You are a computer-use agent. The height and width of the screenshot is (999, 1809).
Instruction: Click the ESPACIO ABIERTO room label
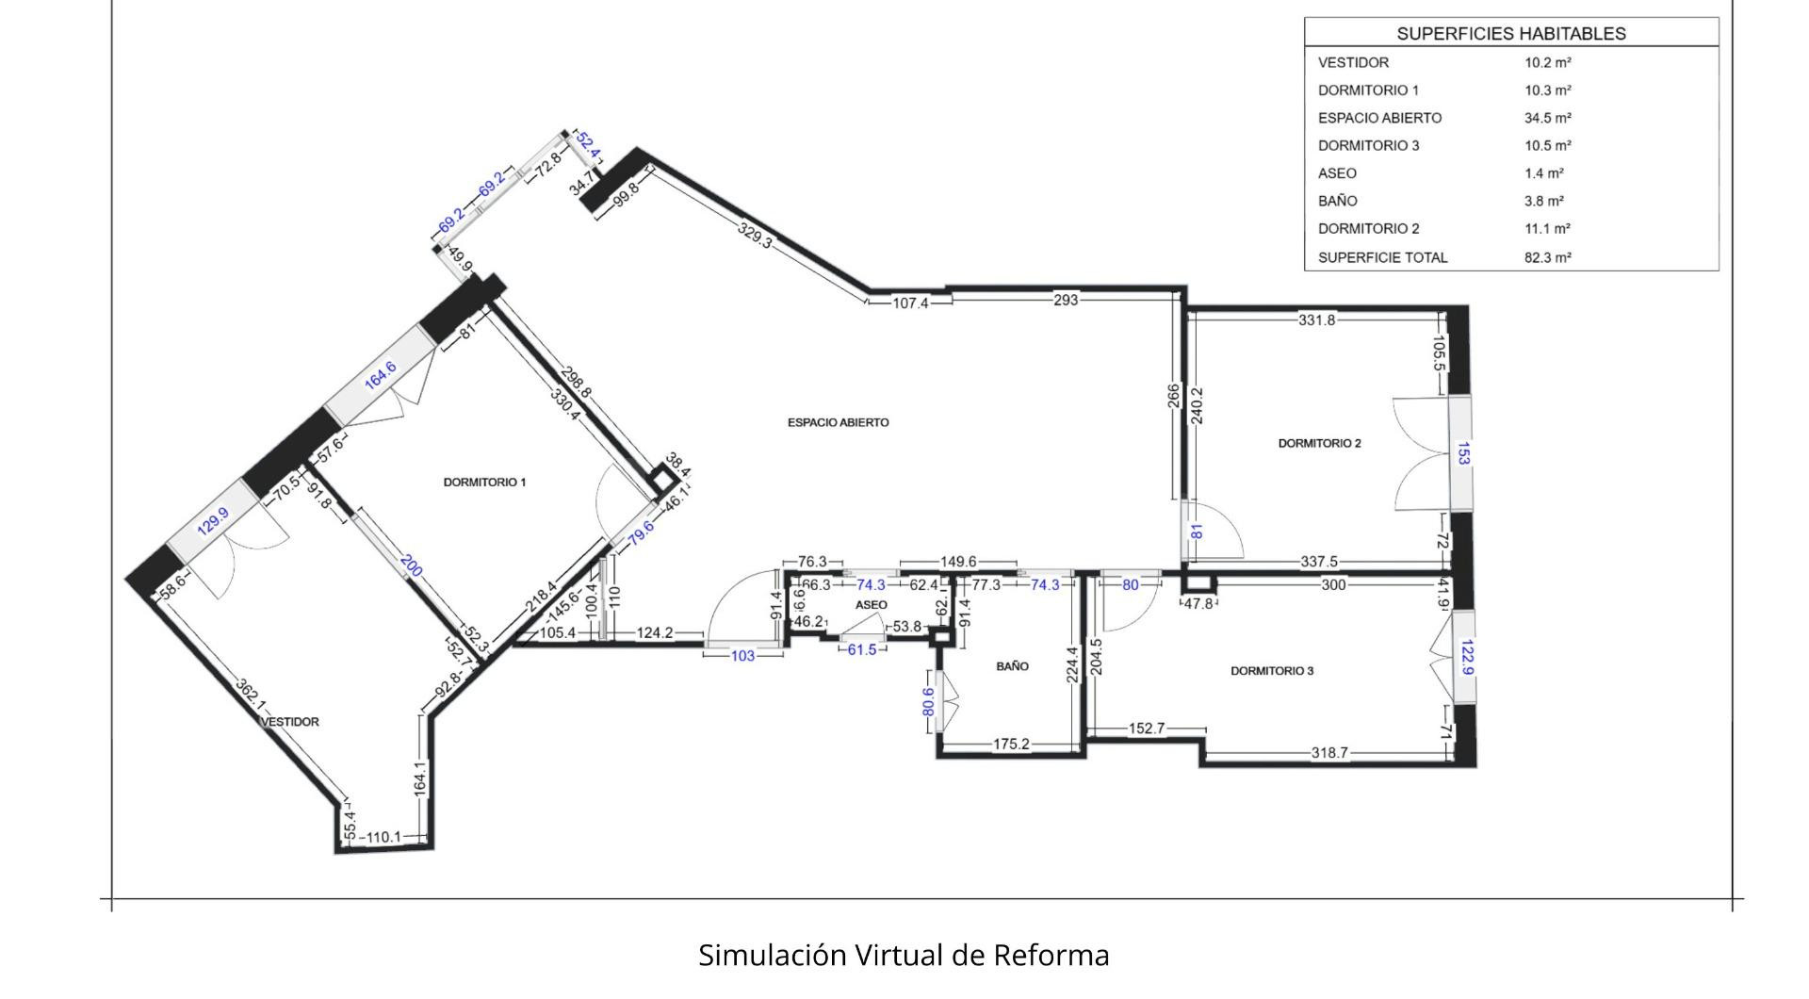point(838,423)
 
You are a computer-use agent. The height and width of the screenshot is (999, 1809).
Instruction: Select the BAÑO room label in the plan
point(1012,666)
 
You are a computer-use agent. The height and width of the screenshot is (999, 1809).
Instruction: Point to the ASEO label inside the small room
point(871,605)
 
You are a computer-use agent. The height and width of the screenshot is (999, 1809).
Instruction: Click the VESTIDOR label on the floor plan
point(290,722)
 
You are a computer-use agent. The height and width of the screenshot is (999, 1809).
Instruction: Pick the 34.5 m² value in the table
point(1548,118)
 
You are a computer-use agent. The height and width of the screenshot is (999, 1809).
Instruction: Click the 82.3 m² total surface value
point(1548,257)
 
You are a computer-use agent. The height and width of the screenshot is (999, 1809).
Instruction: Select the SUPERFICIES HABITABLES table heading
point(1511,34)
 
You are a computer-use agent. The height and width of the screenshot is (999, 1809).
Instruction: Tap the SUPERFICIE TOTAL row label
point(1382,257)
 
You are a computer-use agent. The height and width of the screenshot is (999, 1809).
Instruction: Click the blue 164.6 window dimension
point(381,375)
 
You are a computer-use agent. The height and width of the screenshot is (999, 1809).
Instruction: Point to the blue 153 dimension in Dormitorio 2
point(1463,453)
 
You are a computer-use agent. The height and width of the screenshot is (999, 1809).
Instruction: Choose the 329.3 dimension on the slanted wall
point(755,235)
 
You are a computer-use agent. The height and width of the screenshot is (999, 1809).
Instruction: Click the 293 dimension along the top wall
point(1066,300)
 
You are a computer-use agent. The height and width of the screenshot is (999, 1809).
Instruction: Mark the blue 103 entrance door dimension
point(743,656)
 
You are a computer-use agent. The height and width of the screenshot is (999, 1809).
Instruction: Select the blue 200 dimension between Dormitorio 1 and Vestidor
point(411,565)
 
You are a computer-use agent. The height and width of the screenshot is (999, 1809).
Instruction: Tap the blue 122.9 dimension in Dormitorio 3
point(1466,657)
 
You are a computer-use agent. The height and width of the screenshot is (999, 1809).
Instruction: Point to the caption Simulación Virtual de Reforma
point(904,955)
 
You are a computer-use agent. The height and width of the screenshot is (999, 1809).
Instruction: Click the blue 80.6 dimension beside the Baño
point(928,702)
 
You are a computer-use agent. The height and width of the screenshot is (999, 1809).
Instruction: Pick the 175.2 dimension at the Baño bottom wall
point(1011,745)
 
